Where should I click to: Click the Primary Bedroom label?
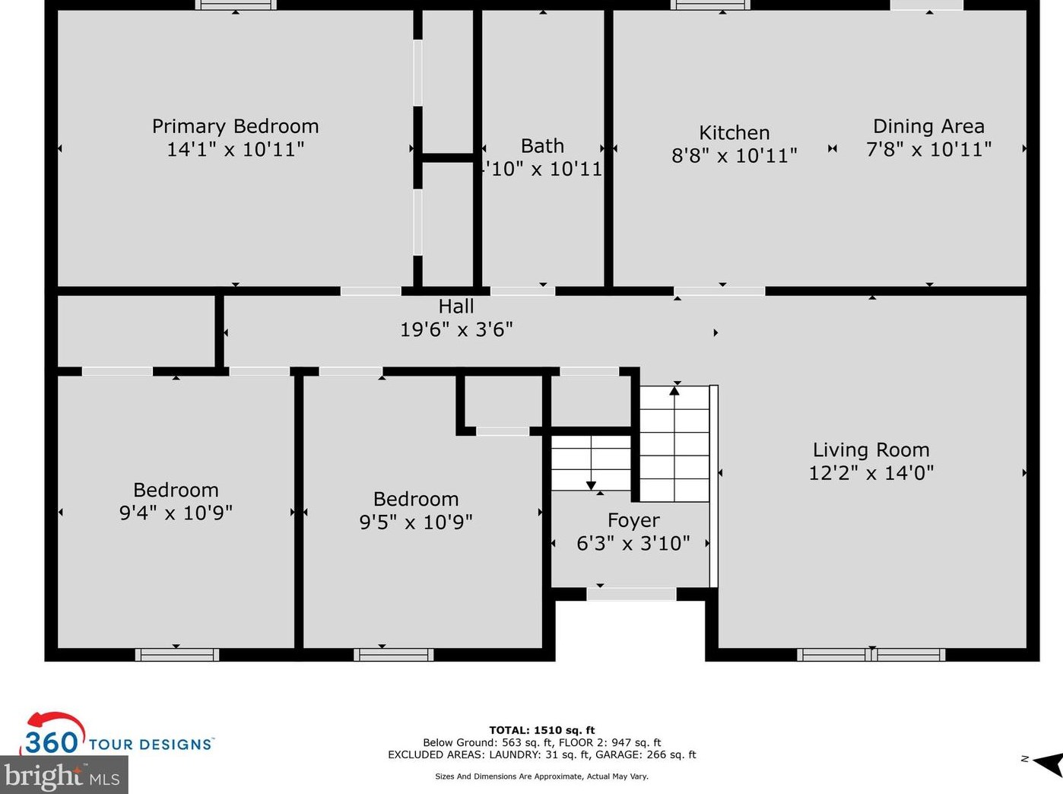[x=235, y=126]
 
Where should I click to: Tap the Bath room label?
[x=542, y=146]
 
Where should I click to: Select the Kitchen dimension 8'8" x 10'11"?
[x=734, y=156]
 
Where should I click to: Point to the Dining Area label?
[x=928, y=126]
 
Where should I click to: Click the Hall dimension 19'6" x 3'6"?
[x=456, y=329]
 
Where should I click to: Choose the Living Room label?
[x=871, y=450]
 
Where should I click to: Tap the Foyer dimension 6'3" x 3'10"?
[x=633, y=543]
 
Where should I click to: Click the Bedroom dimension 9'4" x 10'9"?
[x=176, y=513]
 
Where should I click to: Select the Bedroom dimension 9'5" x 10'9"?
[x=416, y=522]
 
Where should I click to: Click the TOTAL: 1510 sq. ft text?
[x=541, y=730]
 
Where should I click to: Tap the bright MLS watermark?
[x=62, y=777]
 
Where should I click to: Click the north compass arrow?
[x=1049, y=763]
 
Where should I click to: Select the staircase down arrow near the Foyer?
[x=591, y=484]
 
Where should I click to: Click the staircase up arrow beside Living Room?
[x=674, y=391]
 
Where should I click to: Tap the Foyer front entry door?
[x=631, y=594]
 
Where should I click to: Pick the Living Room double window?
[x=871, y=654]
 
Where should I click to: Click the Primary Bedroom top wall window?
[x=236, y=5]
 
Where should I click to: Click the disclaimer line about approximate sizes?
[x=541, y=777]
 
